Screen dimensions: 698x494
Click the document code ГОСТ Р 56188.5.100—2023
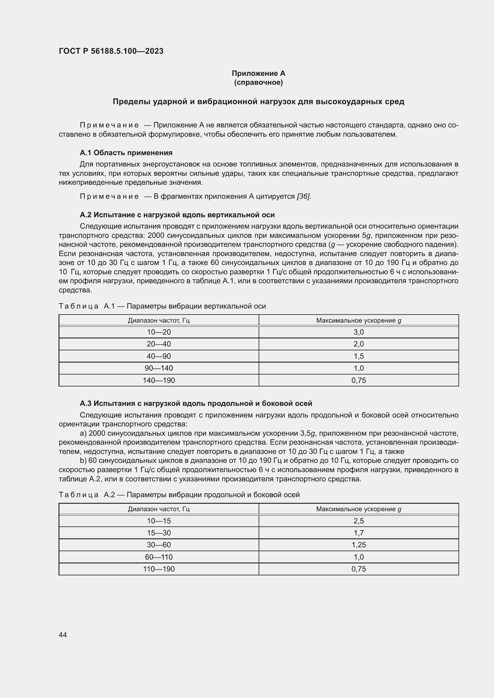[x=111, y=51]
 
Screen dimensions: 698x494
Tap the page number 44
[x=63, y=635]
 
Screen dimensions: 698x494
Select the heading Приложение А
[x=258, y=73]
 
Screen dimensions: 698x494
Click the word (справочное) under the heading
[x=258, y=83]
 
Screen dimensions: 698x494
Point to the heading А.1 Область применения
[x=126, y=152]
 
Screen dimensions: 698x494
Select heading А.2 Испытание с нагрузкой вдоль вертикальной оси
[x=177, y=215]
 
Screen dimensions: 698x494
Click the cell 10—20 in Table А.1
[x=159, y=332]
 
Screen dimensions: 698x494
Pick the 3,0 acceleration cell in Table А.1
[x=359, y=332]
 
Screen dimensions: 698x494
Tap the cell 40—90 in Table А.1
[x=159, y=356]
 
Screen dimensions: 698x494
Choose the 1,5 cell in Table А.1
[x=359, y=356]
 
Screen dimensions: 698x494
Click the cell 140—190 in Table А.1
[x=159, y=380]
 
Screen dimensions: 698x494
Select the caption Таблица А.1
[x=162, y=306]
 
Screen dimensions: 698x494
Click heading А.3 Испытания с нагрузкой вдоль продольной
[x=196, y=403]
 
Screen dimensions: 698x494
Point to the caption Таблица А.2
[x=179, y=494]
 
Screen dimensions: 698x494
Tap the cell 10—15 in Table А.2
[x=159, y=521]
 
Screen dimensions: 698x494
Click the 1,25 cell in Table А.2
[x=359, y=545]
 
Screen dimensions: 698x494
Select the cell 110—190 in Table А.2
[x=159, y=569]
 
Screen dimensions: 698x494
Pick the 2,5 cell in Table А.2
[x=359, y=521]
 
